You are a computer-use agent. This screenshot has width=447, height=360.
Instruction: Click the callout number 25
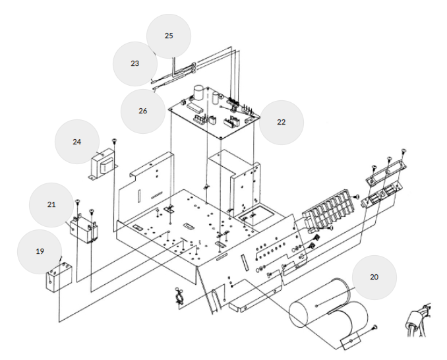[x=168, y=35]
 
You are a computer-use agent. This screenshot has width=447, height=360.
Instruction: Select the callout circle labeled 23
[x=134, y=64]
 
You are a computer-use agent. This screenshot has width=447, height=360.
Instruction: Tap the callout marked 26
[x=142, y=111]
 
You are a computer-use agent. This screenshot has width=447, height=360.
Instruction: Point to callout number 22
[x=281, y=122]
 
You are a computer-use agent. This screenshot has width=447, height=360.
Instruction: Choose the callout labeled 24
[x=76, y=141]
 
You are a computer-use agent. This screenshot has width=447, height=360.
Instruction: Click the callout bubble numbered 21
[x=51, y=204]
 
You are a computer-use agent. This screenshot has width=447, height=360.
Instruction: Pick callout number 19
[x=40, y=251]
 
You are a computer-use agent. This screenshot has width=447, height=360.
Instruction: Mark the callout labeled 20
[x=374, y=277]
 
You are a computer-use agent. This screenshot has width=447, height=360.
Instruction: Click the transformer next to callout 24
[x=102, y=165]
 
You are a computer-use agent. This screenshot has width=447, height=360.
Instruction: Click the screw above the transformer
[x=115, y=141]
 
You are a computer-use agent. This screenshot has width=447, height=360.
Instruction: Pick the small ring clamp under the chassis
[x=179, y=297]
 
